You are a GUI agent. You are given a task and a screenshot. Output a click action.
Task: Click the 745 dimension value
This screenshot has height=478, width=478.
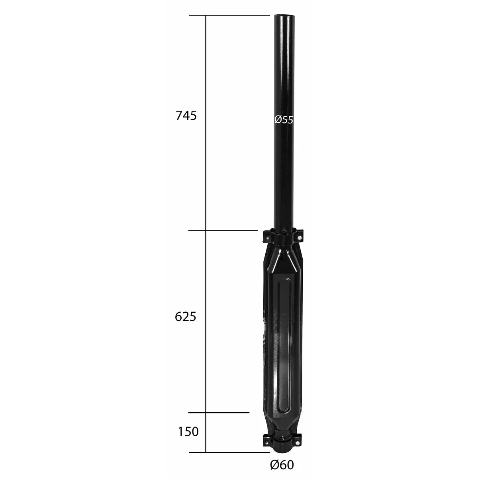[x=186, y=116]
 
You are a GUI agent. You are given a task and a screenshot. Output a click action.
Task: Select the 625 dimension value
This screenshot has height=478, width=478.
[x=185, y=317]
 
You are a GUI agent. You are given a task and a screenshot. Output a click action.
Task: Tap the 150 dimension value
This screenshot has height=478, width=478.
[x=188, y=432]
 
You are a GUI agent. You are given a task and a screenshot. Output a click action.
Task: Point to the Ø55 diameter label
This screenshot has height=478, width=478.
[x=284, y=120]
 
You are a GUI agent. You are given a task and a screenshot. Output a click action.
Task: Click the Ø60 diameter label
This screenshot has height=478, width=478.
[x=282, y=464]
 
